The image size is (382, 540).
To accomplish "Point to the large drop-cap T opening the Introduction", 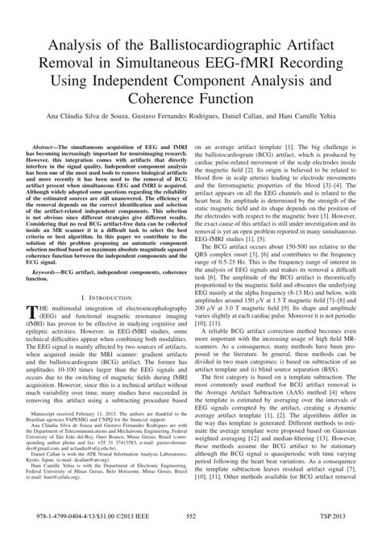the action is [31, 311].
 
